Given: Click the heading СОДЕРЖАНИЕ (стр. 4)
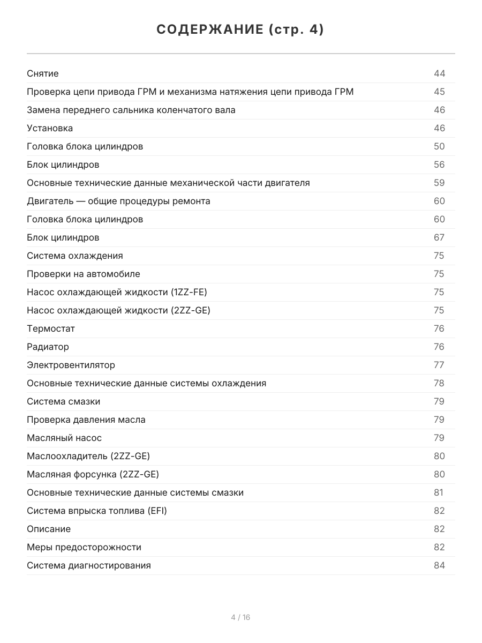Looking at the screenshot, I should (240, 30).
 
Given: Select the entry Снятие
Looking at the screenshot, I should (43, 73).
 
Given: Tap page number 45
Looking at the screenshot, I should (439, 92).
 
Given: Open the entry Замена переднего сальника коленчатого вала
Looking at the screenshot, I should (131, 110).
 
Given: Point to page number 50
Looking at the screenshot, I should (439, 146).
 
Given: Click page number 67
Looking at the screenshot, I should (439, 237).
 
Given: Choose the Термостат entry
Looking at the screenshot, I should (51, 328).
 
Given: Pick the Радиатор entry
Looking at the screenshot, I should (48, 347).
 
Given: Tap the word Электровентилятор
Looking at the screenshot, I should (71, 365).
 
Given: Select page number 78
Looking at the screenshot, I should (439, 383).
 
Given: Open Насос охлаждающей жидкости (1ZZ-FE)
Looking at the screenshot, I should (117, 292).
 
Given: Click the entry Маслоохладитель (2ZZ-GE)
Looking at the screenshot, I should (88, 456).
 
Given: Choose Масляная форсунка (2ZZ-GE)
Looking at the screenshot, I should (93, 474).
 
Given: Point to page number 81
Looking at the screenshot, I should (439, 492).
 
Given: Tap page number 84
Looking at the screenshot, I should (439, 565).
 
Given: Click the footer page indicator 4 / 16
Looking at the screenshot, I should (240, 617).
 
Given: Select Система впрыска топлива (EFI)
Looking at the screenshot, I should (97, 511).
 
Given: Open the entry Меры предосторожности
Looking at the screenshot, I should (84, 547).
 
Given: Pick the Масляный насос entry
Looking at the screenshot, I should (64, 438).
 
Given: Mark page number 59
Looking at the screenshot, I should (439, 183).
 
